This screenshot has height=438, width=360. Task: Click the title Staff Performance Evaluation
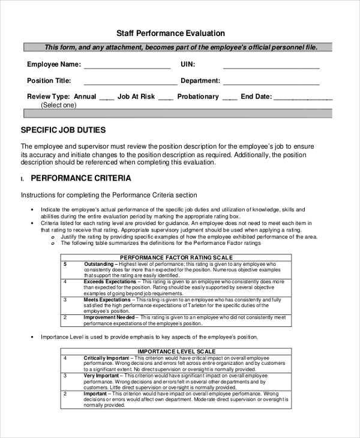click(170, 34)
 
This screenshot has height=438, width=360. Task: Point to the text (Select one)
click(59, 105)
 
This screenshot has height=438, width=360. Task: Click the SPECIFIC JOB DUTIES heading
click(64, 130)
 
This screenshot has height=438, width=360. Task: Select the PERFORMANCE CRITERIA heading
click(81, 178)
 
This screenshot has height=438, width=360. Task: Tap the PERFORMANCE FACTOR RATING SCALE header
click(176, 257)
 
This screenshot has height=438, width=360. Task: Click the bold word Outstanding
click(98, 264)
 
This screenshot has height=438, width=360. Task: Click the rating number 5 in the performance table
click(65, 264)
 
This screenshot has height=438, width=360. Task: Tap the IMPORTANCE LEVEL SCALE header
click(176, 351)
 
